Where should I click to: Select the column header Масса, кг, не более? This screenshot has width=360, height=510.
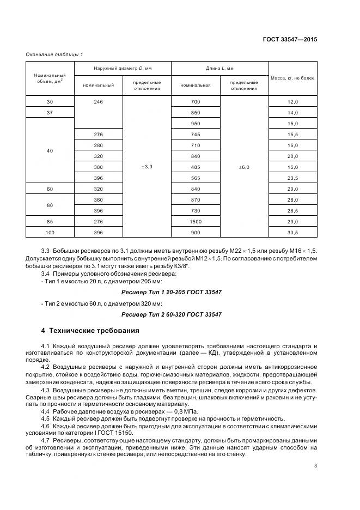pyautogui.click(x=292, y=78)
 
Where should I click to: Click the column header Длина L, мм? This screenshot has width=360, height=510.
pyautogui.click(x=219, y=68)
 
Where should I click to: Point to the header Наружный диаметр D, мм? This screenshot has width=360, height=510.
pyautogui.click(x=122, y=68)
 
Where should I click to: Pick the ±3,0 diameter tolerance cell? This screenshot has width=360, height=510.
pyautogui.click(x=147, y=167)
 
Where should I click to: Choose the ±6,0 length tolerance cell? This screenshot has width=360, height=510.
pyautogui.click(x=243, y=167)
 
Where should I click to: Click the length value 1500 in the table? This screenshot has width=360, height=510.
pyautogui.click(x=196, y=222)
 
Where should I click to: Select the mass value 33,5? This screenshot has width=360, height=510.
pyautogui.click(x=292, y=233)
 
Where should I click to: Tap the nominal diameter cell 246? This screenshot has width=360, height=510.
pyautogui.click(x=98, y=102)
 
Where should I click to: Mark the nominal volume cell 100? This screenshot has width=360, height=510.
pyautogui.click(x=50, y=233)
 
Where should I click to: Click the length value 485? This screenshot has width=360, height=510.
pyautogui.click(x=196, y=167)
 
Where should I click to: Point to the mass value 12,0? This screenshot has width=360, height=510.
pyautogui.click(x=292, y=102)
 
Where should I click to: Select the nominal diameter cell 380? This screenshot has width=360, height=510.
pyautogui.click(x=98, y=167)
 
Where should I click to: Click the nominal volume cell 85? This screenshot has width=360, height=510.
pyautogui.click(x=50, y=222)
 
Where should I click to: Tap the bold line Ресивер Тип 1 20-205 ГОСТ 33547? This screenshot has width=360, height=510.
pyautogui.click(x=171, y=292)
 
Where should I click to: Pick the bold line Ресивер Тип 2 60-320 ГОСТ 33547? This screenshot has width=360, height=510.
pyautogui.click(x=171, y=315)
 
